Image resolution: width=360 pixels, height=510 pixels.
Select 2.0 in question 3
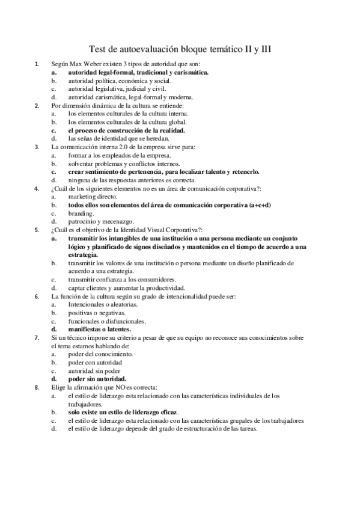tap(127, 147)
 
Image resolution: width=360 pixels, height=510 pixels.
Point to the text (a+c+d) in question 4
tap(260, 204)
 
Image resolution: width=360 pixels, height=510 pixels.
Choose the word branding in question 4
tap(81, 213)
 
